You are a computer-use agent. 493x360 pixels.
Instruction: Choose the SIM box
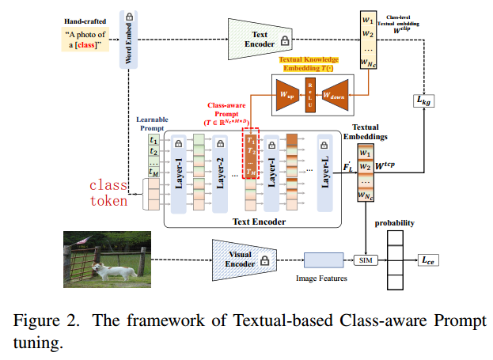[x=364, y=260]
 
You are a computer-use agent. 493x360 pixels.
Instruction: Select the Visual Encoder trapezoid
[x=242, y=258]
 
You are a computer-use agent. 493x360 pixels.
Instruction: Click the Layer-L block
[x=324, y=173]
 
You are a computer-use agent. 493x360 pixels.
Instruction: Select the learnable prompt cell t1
[x=154, y=140]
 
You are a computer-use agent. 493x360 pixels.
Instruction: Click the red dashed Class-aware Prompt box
[x=250, y=156]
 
